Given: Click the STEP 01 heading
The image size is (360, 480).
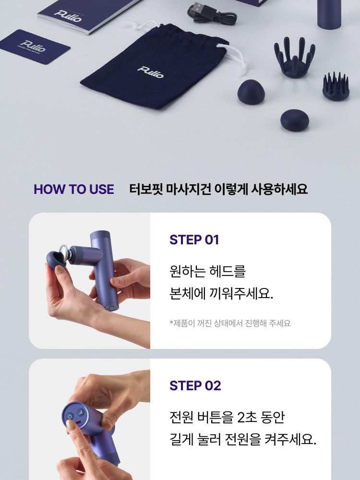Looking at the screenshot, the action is pos(194,240).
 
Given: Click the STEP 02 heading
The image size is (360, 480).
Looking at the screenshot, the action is pos(195,386).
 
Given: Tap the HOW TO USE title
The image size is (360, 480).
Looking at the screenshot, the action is pos(74,189).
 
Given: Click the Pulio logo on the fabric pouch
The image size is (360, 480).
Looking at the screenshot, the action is pos(151,72).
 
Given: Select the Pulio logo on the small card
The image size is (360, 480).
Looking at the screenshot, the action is pos(34,46).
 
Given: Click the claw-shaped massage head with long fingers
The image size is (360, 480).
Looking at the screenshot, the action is pos(295,57).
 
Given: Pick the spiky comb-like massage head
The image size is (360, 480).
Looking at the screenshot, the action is pos(336,86).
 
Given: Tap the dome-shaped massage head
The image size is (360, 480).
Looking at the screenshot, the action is pos(251,92).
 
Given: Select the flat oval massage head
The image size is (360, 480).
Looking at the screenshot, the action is pos(295,120).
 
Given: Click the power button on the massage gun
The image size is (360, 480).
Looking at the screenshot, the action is pos(70,416).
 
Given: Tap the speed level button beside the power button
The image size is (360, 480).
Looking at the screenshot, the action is pos(81,412).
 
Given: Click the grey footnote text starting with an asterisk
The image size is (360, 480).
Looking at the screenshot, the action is pos(230,323).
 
